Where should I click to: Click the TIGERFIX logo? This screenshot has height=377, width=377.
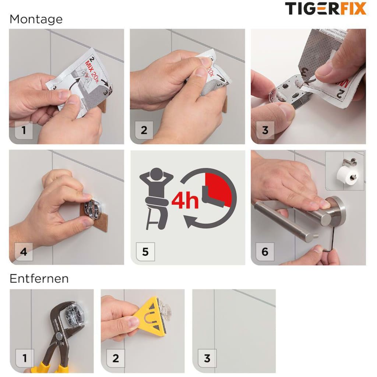pyautogui.click(x=325, y=8)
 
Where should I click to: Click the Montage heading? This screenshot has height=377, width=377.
pyautogui.click(x=36, y=19)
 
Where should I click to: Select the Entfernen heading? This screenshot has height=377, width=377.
pyautogui.click(x=39, y=279)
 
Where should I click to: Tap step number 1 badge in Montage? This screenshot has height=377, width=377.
pyautogui.click(x=24, y=130)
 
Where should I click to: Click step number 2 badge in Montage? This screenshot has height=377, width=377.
pyautogui.click(x=144, y=130)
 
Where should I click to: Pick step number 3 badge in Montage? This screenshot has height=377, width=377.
pyautogui.click(x=265, y=130)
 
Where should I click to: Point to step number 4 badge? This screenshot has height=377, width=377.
pyautogui.click(x=24, y=252)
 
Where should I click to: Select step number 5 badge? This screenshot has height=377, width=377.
pyautogui.click(x=145, y=252)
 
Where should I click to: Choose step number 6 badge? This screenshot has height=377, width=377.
pyautogui.click(x=265, y=252)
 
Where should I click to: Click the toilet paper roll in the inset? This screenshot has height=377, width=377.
pyautogui.click(x=345, y=175)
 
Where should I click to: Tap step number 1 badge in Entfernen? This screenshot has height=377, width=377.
pyautogui.click(x=25, y=358)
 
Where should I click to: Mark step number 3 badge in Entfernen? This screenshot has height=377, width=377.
pyautogui.click(x=207, y=358)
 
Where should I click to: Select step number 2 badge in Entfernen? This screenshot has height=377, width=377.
pyautogui.click(x=116, y=358)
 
